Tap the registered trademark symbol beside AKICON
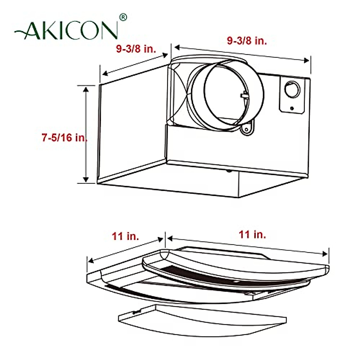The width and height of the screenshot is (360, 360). (x=123, y=17)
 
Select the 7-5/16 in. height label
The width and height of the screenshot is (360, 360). (x=64, y=138)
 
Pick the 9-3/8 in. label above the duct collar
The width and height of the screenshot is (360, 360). (x=247, y=40)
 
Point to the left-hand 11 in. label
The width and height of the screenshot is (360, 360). (x=125, y=236)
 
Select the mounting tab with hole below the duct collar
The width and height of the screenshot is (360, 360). (x=247, y=129)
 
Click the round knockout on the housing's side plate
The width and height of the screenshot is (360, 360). (x=292, y=90)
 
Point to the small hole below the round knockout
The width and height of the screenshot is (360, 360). (x=292, y=108)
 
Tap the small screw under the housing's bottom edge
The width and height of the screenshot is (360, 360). (x=229, y=171)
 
